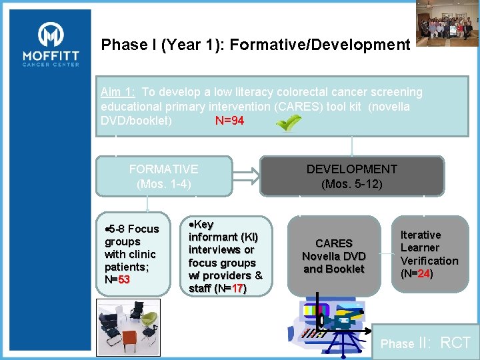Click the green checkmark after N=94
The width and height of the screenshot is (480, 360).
tap(288, 123)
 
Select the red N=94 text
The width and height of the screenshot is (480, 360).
tap(229, 121)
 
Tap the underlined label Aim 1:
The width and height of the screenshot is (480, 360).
tap(118, 92)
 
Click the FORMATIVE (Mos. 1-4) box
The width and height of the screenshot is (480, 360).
tap(163, 176)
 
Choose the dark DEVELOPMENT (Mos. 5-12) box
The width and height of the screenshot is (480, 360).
tap(351, 176)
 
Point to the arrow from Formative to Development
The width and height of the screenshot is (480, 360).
tap(245, 175)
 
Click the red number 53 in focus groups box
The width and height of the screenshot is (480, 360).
tap(124, 279)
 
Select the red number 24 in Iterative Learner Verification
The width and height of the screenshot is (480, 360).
tap(423, 273)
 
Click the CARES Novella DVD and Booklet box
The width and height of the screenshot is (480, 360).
tap(333, 256)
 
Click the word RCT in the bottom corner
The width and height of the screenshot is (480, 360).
tap(456, 343)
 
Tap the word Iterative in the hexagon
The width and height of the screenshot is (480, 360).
tap(420, 235)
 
